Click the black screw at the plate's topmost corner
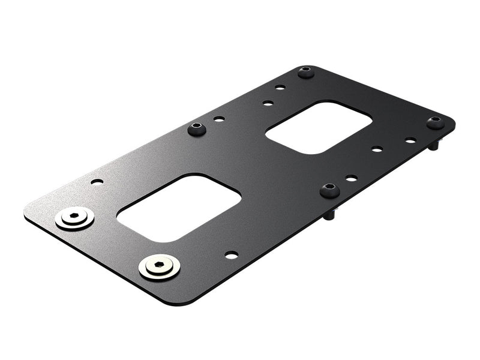[x=306, y=73]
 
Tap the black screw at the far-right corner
[x=436, y=122]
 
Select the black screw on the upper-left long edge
[x=197, y=128]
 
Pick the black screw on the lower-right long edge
[x=329, y=190]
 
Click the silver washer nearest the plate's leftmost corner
[x=74, y=218]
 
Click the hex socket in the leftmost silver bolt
[x=74, y=215]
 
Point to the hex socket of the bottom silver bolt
[x=159, y=263]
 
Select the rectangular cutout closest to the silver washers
[x=178, y=207]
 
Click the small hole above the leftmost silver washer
[x=97, y=181]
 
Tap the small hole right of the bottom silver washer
[x=231, y=255]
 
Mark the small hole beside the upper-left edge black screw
[x=219, y=119]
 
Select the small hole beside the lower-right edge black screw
[x=351, y=178]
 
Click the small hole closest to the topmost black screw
[x=280, y=88]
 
